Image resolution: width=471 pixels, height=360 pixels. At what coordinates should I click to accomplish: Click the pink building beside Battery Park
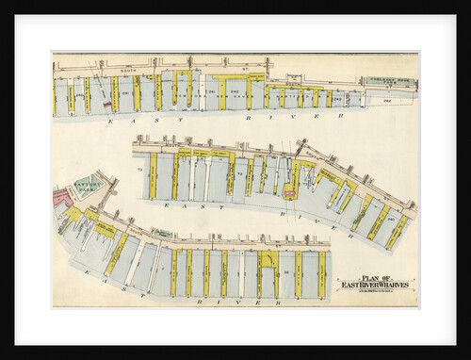click(62, 197)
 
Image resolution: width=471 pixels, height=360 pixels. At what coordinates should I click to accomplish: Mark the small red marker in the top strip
click(106, 105)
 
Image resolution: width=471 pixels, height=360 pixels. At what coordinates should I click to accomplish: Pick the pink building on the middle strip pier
click(289, 193)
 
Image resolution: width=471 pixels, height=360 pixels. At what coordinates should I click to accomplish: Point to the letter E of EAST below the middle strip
click(166, 203)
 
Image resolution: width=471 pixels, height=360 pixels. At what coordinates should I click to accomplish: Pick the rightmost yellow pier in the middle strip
click(398, 232)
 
